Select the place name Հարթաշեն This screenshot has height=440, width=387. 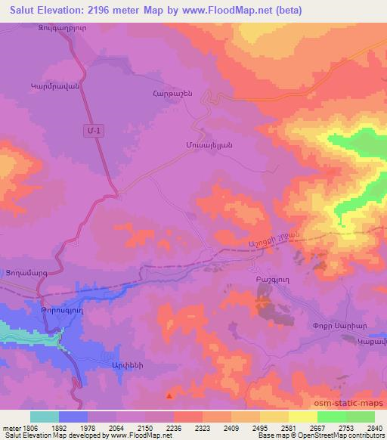[x=163, y=93]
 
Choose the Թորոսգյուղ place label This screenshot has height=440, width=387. [x=41, y=309]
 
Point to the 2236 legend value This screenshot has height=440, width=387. [x=172, y=428]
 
